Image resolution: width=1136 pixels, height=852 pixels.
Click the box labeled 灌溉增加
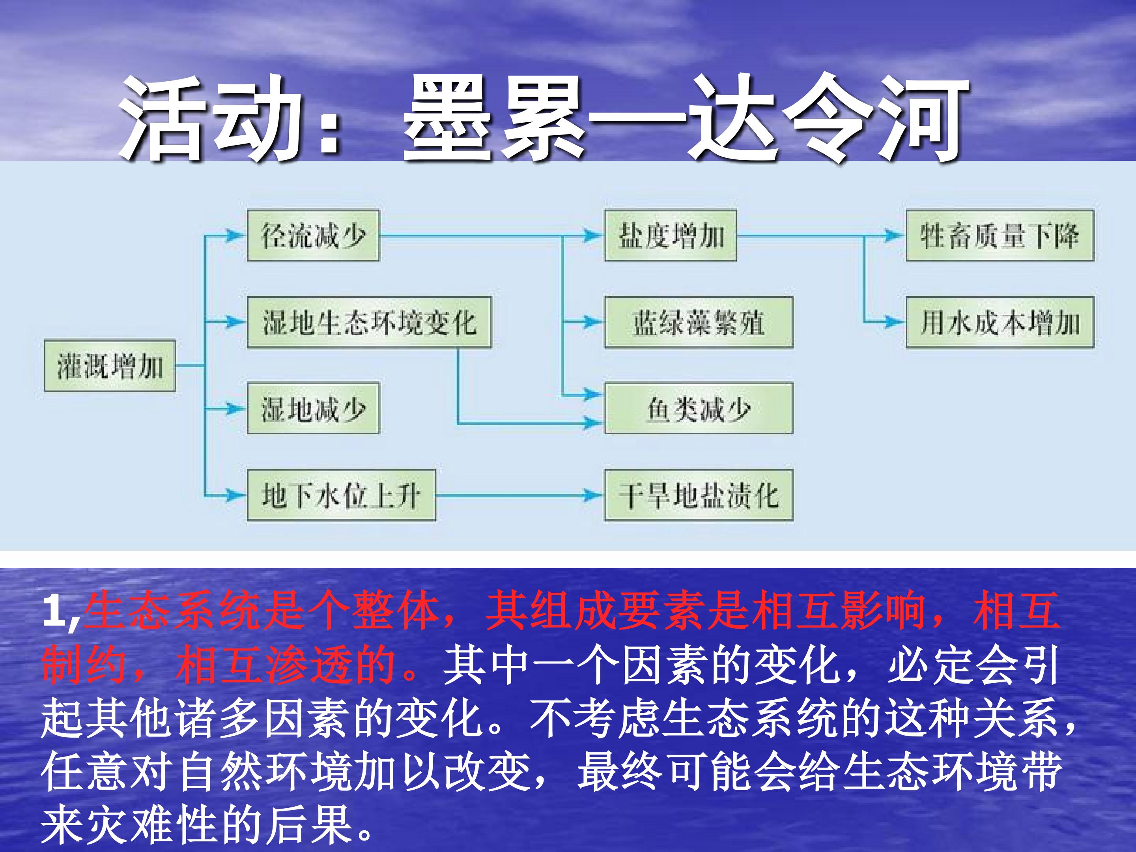pos(110,366)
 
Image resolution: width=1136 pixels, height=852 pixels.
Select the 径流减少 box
pos(313,235)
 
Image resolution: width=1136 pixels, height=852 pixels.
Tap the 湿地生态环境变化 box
pos(369,322)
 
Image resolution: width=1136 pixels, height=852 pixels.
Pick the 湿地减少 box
pos(313,408)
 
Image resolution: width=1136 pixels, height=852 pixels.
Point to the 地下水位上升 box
pos(342,495)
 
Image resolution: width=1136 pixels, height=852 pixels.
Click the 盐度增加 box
pos(670,235)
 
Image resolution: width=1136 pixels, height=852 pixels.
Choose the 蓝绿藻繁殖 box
pos(699,322)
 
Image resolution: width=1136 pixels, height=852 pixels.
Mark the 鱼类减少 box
pos(699,408)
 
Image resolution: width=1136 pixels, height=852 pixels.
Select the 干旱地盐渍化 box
pos(699,495)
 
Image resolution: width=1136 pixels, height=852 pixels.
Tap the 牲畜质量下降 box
pos(1000,235)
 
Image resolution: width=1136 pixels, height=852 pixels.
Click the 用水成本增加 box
pos(1000,322)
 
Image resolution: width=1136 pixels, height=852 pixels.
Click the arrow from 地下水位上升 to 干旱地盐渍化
pos(519,495)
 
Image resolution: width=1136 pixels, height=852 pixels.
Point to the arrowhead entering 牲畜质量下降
pos(897,235)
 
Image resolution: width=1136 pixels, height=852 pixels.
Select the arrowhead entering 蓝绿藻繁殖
pos(595,322)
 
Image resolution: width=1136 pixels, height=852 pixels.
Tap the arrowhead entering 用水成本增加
pos(897,322)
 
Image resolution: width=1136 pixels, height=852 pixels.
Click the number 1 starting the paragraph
pos(54,612)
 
